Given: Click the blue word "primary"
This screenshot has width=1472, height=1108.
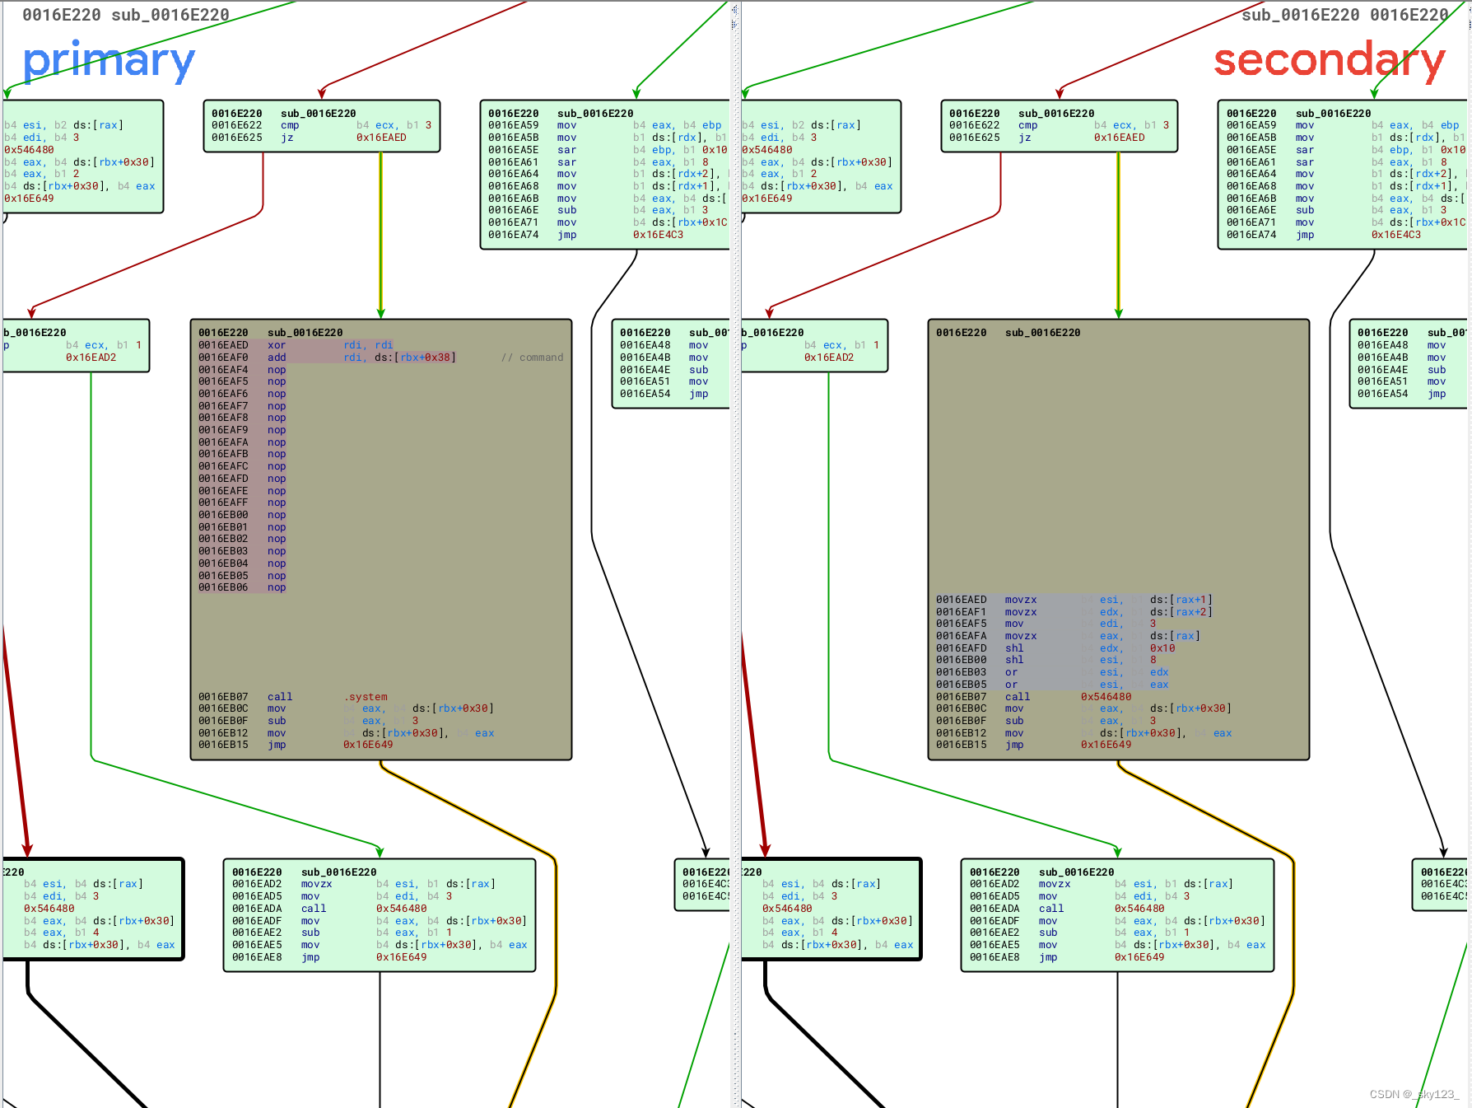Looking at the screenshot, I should pyautogui.click(x=109, y=62).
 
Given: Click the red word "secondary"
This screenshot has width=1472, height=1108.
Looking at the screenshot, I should pyautogui.click(x=1329, y=61).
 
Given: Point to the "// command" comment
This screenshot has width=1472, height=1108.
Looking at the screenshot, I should pyautogui.click(x=533, y=358).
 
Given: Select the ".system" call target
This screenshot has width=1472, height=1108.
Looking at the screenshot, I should pyautogui.click(x=366, y=697).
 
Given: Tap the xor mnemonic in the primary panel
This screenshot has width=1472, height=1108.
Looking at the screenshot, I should pyautogui.click(x=277, y=345).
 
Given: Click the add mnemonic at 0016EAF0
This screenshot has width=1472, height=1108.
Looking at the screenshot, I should pyautogui.click(x=277, y=358).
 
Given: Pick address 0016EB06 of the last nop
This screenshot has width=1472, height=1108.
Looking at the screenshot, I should pyautogui.click(x=223, y=587).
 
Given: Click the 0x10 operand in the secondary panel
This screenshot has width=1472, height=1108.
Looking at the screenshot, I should pyautogui.click(x=1162, y=648).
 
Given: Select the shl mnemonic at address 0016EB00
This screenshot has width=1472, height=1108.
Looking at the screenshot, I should pyautogui.click(x=1014, y=660).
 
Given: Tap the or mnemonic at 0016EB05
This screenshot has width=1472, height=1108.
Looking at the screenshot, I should pyautogui.click(x=1011, y=685).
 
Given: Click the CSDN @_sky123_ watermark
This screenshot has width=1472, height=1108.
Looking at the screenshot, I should pyautogui.click(x=1414, y=1094).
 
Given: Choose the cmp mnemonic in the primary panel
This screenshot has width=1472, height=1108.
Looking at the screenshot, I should pyautogui.click(x=290, y=125).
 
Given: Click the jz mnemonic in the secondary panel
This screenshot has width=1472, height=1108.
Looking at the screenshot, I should pyautogui.click(x=1024, y=138).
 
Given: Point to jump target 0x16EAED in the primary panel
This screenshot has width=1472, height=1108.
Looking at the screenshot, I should pyautogui.click(x=381, y=138).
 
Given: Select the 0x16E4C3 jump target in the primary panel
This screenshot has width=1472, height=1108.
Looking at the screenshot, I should pyautogui.click(x=658, y=235).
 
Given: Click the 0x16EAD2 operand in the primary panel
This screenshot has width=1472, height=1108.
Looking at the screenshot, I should pyautogui.click(x=91, y=358).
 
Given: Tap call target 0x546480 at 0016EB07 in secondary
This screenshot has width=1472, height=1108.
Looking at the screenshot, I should pyautogui.click(x=1106, y=697).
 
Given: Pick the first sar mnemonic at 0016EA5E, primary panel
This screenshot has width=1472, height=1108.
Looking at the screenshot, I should pyautogui.click(x=566, y=150).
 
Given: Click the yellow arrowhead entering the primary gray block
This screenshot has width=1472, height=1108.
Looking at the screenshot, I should pyautogui.click(x=381, y=312).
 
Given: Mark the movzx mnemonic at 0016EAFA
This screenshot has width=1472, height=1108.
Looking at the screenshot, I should pyautogui.click(x=1021, y=636).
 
